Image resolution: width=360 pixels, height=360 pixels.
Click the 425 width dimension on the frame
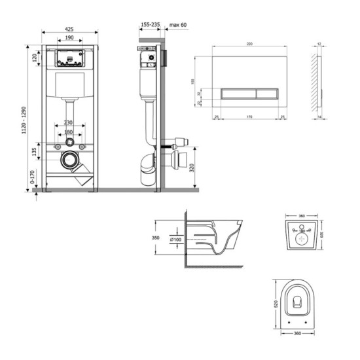[69, 29]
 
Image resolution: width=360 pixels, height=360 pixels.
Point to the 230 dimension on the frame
[69, 123]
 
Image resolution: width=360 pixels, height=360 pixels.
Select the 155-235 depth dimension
[150, 26]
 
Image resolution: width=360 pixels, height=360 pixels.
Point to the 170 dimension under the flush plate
[249, 118]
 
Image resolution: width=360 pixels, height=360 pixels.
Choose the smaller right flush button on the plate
[264, 93]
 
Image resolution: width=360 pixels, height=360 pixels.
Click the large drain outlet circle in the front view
[69, 159]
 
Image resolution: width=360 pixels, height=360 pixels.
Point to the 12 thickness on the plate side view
[319, 45]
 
